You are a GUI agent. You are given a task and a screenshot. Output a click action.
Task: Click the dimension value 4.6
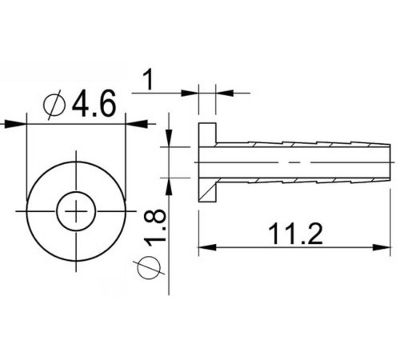click(x=94, y=104)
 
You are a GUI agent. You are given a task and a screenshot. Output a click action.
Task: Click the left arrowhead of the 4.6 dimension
click(x=18, y=123)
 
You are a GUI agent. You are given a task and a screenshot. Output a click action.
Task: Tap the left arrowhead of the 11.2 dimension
click(x=205, y=248)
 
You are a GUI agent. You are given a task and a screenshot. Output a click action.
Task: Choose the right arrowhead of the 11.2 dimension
click(x=385, y=248)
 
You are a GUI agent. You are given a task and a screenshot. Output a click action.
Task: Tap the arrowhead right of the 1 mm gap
click(x=225, y=92)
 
